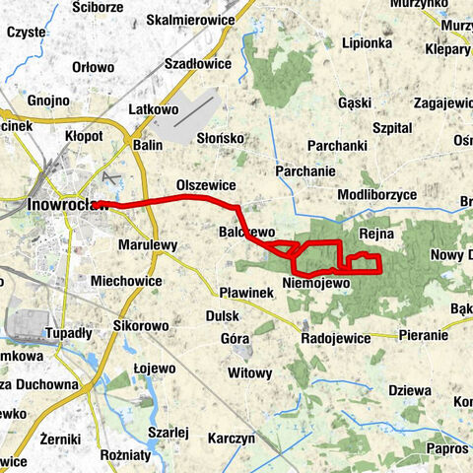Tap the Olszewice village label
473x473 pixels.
(x=205, y=185)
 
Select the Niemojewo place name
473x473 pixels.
(x=316, y=284)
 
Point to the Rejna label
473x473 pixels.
(x=377, y=235)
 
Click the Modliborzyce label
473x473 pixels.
(x=376, y=195)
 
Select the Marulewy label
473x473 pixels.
(x=147, y=245)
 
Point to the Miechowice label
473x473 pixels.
(x=125, y=281)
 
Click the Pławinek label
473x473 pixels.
(x=245, y=293)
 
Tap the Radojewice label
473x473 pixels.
(x=335, y=338)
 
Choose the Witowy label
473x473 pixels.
(x=248, y=373)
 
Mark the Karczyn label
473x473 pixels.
(x=233, y=438)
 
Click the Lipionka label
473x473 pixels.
(x=367, y=44)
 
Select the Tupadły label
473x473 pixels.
(x=68, y=333)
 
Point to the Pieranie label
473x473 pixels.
(x=424, y=335)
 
